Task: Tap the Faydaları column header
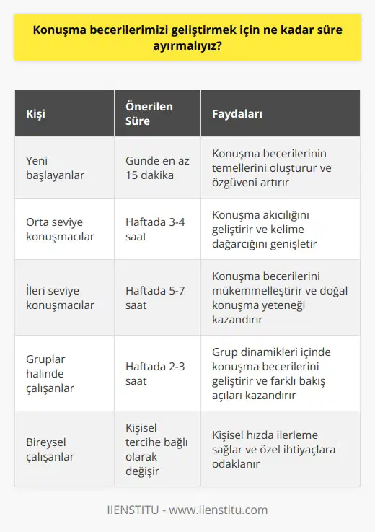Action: pyautogui.click(x=237, y=114)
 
